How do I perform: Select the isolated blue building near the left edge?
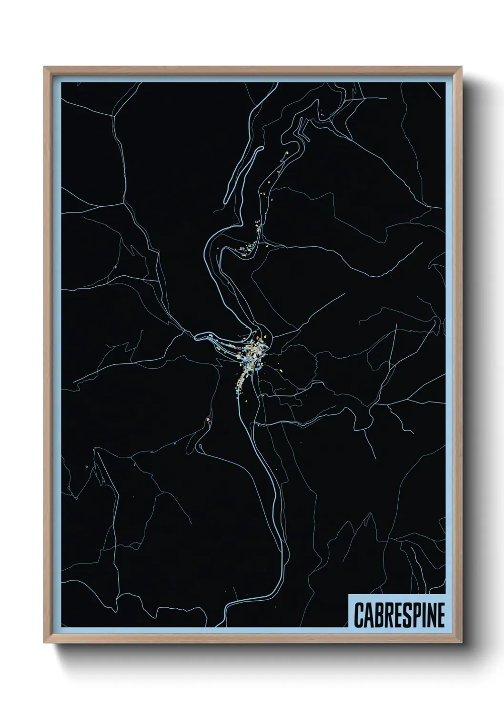point(115,267)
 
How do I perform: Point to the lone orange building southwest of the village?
point(208,419)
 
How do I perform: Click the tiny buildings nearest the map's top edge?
point(323,114)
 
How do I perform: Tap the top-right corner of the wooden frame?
point(462,68)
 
